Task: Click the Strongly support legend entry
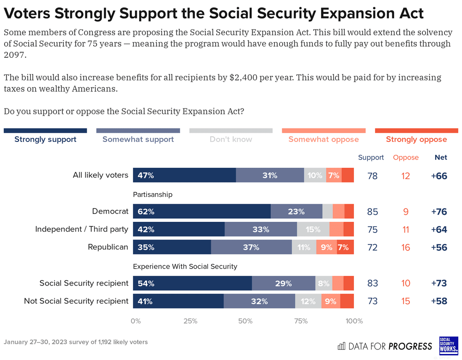pyautogui.click(x=45, y=139)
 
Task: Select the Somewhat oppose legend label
pyautogui.click(x=323, y=139)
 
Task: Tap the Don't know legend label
pyautogui.click(x=231, y=139)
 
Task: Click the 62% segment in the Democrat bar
pyautogui.click(x=201, y=212)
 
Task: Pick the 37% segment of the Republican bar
pyautogui.click(x=251, y=247)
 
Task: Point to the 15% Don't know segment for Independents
pyautogui.click(x=313, y=230)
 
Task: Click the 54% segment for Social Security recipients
pyautogui.click(x=192, y=283)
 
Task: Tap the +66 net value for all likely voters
pyautogui.click(x=439, y=176)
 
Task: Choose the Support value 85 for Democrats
pyautogui.click(x=372, y=212)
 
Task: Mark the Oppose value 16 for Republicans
pyautogui.click(x=406, y=248)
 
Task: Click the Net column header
pyautogui.click(x=441, y=158)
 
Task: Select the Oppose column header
pyautogui.click(x=406, y=158)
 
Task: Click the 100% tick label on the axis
pyautogui.click(x=354, y=321)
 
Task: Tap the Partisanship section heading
pyautogui.click(x=152, y=195)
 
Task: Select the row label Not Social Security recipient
pyautogui.click(x=76, y=301)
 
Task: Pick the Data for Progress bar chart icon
pyautogui.click(x=342, y=346)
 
